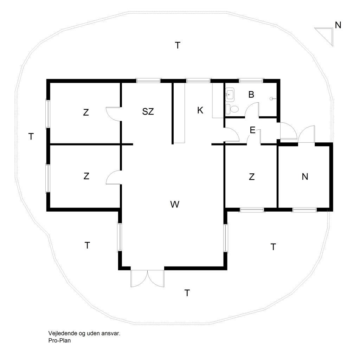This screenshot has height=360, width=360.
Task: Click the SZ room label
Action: [148, 111]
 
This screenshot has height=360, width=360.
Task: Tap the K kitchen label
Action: [200, 110]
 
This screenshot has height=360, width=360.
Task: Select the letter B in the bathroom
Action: [251, 94]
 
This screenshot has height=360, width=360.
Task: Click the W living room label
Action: [175, 204]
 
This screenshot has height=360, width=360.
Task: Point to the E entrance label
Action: [252, 130]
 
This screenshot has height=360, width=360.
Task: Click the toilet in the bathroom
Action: [232, 109]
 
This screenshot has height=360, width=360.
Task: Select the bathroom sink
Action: [230, 95]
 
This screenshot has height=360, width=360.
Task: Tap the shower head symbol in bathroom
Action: [272, 99]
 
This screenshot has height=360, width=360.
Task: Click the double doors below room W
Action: [147, 278]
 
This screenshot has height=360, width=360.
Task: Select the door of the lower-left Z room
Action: [114, 177]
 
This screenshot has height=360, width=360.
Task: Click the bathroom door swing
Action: [252, 110]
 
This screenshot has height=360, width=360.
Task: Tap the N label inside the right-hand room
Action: [305, 176]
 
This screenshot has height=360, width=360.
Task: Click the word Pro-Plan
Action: [59, 340]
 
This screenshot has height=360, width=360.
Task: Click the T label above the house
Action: [178, 45]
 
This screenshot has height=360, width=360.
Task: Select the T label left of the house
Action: [31, 136]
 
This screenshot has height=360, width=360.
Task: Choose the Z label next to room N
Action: [252, 177]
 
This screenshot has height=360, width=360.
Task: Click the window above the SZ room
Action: [148, 81]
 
